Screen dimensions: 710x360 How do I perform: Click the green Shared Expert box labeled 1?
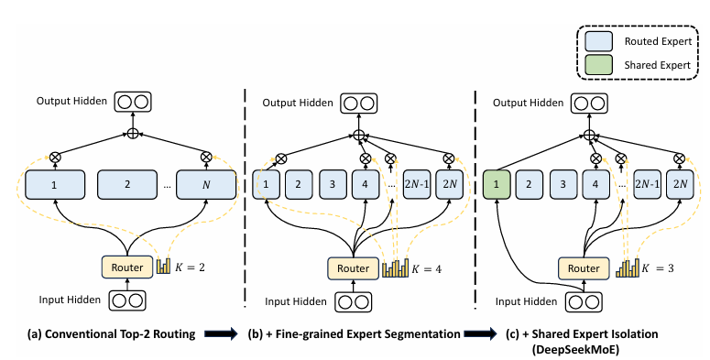(x=497, y=184)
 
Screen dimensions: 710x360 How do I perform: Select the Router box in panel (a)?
(x=127, y=267)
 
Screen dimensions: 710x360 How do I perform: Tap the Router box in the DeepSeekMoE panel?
(x=584, y=268)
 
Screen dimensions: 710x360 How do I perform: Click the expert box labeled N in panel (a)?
(x=206, y=184)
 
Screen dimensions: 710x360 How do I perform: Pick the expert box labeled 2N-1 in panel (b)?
(x=417, y=184)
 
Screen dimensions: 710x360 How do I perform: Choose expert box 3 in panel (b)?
(x=333, y=184)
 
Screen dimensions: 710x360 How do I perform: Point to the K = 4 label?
(x=426, y=269)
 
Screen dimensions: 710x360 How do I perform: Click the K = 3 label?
(x=658, y=268)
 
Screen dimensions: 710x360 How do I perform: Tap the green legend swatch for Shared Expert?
(x=598, y=64)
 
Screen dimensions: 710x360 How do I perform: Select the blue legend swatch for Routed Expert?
(x=598, y=41)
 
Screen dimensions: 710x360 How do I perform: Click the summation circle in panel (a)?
(x=132, y=134)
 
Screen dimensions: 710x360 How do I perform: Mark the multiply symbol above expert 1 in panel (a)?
(x=55, y=158)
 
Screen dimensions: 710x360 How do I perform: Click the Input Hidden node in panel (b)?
(x=354, y=302)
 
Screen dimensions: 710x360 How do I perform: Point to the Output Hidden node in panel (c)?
(x=589, y=104)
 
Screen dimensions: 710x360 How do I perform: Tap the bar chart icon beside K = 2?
(x=163, y=266)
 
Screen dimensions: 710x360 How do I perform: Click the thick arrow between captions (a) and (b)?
(x=221, y=334)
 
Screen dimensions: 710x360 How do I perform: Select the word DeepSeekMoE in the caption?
(x=582, y=349)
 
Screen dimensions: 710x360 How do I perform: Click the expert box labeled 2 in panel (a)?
(x=127, y=184)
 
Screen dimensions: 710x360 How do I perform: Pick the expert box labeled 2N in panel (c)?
(x=680, y=184)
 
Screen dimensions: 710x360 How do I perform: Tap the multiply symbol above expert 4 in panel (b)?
(x=366, y=158)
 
